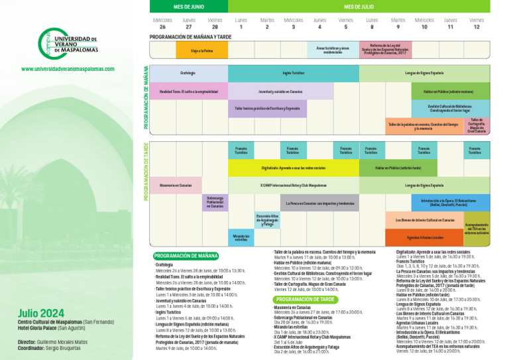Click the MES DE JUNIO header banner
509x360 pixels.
[189, 6]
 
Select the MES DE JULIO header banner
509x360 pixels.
[359, 6]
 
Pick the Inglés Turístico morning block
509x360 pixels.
[293, 73]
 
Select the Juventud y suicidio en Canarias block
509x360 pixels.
[280, 91]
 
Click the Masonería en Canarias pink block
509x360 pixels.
[176, 185]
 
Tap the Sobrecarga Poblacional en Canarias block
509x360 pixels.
[215, 202]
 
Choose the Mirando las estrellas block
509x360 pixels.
[241, 237]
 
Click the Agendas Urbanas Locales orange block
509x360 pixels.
[425, 237]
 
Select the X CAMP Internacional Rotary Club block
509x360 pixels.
[293, 185]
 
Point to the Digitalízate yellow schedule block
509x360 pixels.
[293, 168]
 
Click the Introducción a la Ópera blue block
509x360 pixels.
[451, 202]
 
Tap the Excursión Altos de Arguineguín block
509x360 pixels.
[267, 220]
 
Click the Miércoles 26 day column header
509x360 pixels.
[162, 24]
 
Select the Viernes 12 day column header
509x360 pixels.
[477, 24]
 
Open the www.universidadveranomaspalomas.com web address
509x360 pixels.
[68, 69]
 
